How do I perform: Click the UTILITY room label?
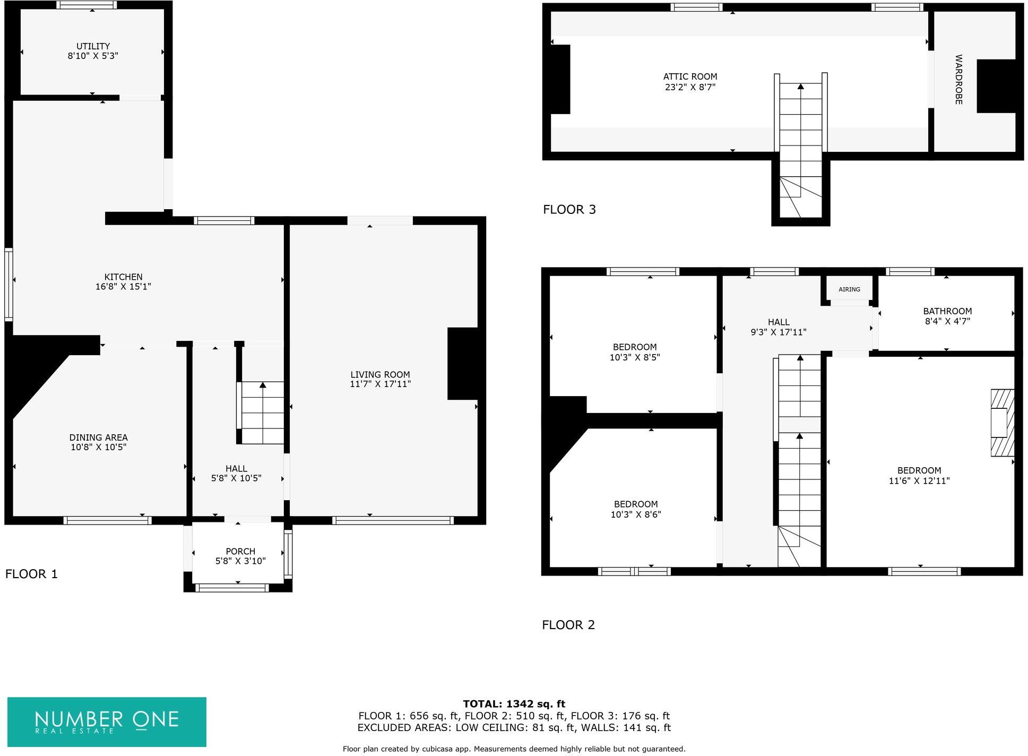(93, 46)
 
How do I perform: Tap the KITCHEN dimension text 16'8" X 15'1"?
(123, 287)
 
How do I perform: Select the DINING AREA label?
(98, 437)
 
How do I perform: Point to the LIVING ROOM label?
(380, 374)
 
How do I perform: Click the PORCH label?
(240, 551)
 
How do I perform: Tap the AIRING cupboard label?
(849, 289)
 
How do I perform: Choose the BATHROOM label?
(947, 311)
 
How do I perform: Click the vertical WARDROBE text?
(958, 79)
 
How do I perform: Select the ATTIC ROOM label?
(690, 76)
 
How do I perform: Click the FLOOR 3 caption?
(569, 210)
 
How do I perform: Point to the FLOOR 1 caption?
(31, 574)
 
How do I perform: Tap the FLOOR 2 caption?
(568, 625)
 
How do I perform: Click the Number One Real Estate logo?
(107, 721)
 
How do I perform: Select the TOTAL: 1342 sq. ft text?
(514, 704)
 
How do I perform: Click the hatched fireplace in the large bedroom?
(1002, 423)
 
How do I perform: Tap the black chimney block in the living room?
(463, 363)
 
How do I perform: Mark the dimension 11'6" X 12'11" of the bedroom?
(919, 481)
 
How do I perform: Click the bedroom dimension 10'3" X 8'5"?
(635, 358)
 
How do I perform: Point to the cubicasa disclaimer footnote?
(514, 749)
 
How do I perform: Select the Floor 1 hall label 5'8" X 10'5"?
(236, 478)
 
